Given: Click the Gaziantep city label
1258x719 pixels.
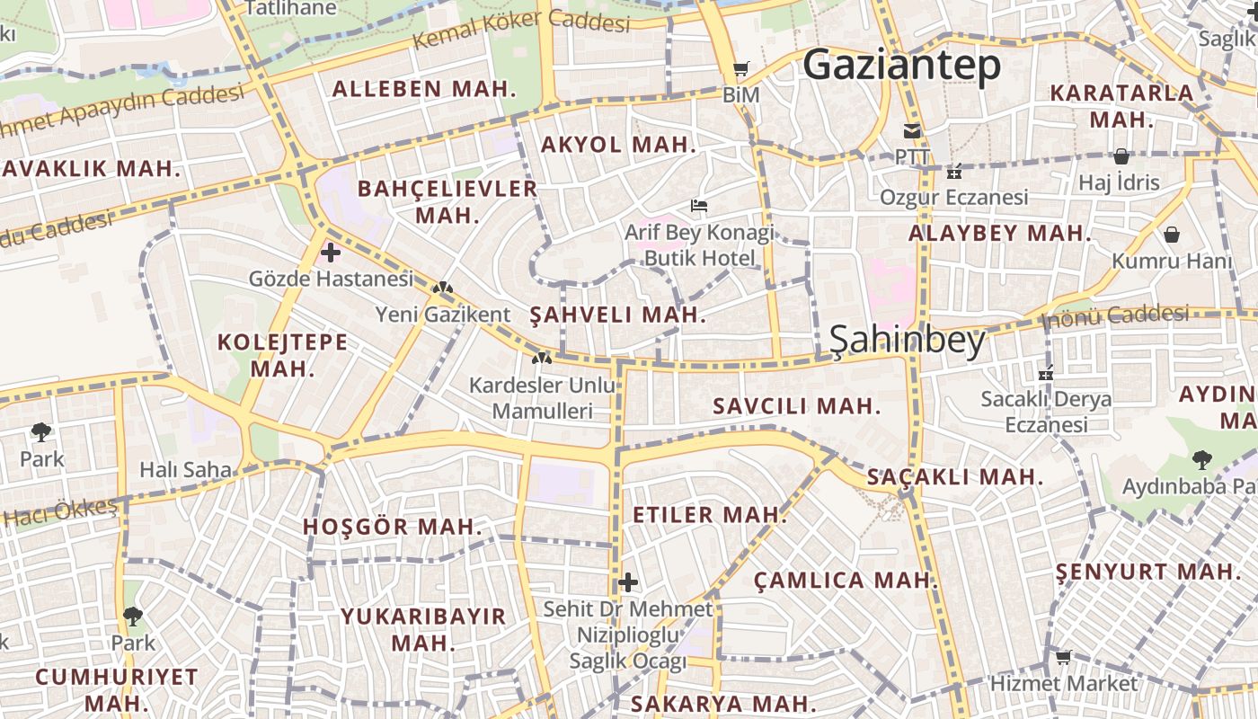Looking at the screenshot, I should tap(901, 65).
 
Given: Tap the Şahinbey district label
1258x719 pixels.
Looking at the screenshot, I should tap(907, 339).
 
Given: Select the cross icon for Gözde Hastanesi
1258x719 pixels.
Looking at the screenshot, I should tap(331, 253).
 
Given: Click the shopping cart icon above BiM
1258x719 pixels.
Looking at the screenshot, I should tap(741, 69).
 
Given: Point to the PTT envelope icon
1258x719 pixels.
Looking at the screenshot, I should tap(912, 131).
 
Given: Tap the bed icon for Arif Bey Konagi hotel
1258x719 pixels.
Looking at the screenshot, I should tap(699, 206).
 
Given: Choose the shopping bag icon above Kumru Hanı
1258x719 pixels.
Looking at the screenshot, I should tap(1172, 235).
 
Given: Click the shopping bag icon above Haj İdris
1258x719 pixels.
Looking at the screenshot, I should tap(1121, 156).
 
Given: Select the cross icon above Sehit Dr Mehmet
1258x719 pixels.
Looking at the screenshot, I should tap(628, 582).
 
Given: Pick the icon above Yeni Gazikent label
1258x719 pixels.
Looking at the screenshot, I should tap(442, 288).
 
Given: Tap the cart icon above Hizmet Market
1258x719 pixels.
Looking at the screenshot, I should tap(1063, 658).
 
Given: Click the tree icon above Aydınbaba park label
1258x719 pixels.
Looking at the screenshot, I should tap(1201, 460).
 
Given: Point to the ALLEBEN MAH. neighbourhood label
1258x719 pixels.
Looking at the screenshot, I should tap(425, 89).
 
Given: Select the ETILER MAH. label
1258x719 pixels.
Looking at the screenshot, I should tap(710, 515).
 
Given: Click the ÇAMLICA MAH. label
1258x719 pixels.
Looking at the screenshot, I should tap(846, 580).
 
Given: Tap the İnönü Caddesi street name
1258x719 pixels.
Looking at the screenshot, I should tap(1115, 315).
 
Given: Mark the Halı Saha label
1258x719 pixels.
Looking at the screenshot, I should tap(185, 469).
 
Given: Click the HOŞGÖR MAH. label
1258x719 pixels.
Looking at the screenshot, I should tap(393, 527).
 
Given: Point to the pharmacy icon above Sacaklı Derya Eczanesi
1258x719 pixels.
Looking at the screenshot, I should tap(1045, 374).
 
